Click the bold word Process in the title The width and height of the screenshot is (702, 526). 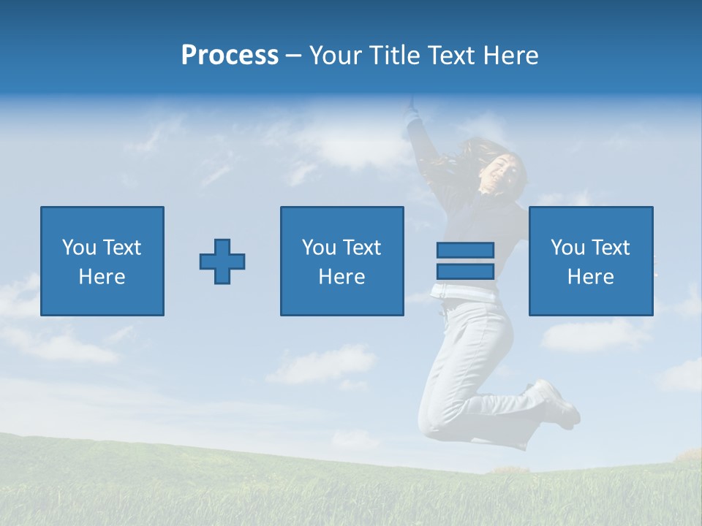click(x=230, y=56)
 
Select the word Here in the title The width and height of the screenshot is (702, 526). click(x=510, y=56)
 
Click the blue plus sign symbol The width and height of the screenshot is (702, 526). click(x=222, y=261)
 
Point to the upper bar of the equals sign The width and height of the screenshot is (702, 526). click(x=465, y=250)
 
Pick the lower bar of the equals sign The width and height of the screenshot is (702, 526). click(x=465, y=271)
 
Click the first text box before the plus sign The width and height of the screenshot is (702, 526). click(x=102, y=261)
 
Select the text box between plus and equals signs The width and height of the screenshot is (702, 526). click(x=341, y=261)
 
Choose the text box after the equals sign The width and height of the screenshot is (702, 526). click(x=590, y=261)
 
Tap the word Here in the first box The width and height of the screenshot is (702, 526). click(x=102, y=277)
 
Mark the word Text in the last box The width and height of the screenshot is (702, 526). click(x=611, y=248)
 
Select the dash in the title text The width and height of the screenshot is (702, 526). click(x=294, y=56)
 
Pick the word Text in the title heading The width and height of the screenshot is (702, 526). click(x=452, y=56)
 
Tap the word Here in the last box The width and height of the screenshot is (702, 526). click(x=590, y=277)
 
